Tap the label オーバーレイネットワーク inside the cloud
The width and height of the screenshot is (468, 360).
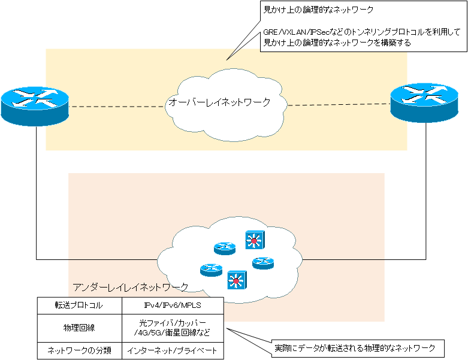coord(219,102)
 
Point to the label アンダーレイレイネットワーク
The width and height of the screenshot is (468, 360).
coord(130,287)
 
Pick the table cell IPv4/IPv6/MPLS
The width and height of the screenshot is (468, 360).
coord(172,305)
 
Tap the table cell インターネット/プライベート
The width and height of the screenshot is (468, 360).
coord(172,350)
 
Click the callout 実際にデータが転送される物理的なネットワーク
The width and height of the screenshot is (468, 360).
coord(359,348)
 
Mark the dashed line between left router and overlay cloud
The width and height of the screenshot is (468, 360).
coord(117,107)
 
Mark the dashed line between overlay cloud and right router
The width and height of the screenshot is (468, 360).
coord(339,104)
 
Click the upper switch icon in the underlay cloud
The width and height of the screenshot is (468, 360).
coord(254,240)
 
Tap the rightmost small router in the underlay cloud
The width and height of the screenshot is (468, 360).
coord(262,263)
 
